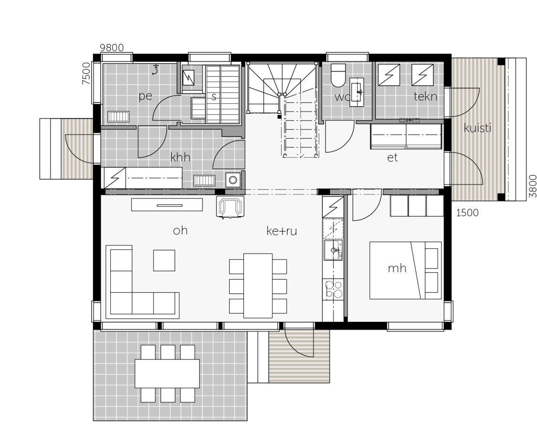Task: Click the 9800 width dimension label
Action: coord(112,48)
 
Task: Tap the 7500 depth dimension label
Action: coord(86,73)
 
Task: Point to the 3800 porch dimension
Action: coord(532,186)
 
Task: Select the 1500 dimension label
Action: coord(467,213)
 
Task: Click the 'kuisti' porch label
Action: coord(477,128)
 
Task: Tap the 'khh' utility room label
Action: coord(180,157)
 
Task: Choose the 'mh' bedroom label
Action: coord(397,268)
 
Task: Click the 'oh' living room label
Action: coord(180,231)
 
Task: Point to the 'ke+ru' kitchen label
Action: coord(282,231)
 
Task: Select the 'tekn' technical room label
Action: coord(425,96)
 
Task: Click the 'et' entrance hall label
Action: coord(392,158)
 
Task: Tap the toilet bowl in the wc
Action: coord(338,76)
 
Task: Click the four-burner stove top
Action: coord(333,289)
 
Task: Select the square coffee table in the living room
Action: coord(164,260)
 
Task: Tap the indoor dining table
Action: coord(258,286)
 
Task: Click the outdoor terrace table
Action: coord(167,373)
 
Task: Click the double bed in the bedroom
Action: coord(405,270)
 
